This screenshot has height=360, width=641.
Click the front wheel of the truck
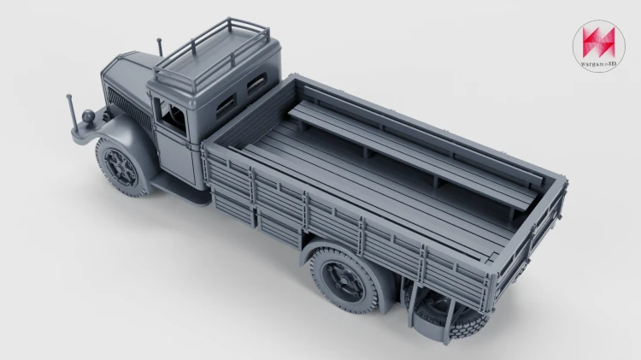pos(122,167)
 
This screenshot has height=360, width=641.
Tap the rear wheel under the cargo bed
pos(344,280)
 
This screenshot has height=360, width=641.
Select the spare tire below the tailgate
pos(450,314)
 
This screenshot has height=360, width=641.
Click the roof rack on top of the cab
pos(211,55)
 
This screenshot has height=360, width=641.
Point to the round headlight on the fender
pos(88,116)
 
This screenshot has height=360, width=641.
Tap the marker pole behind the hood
pos(160,47)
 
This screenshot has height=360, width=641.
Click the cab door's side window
pos(172,116)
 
